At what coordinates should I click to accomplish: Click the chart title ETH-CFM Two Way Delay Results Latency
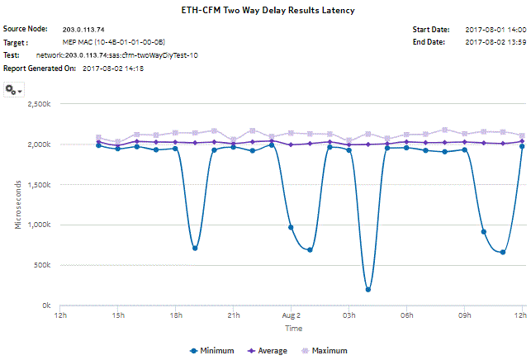pyautogui.click(x=265, y=11)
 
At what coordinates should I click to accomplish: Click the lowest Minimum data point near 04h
pyautogui.click(x=367, y=289)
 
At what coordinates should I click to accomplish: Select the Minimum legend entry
pyautogui.click(x=212, y=351)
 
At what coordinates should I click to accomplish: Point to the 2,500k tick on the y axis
pyautogui.click(x=39, y=105)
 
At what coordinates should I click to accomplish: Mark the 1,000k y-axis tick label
pyautogui.click(x=39, y=225)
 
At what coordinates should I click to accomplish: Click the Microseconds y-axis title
pyautogui.click(x=18, y=206)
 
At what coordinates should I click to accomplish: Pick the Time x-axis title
pyautogui.click(x=293, y=328)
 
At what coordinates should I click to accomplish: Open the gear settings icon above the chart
pyautogui.click(x=12, y=89)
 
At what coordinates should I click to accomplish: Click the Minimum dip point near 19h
pyautogui.click(x=195, y=248)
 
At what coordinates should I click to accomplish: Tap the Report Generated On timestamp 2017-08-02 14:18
pyautogui.click(x=114, y=68)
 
